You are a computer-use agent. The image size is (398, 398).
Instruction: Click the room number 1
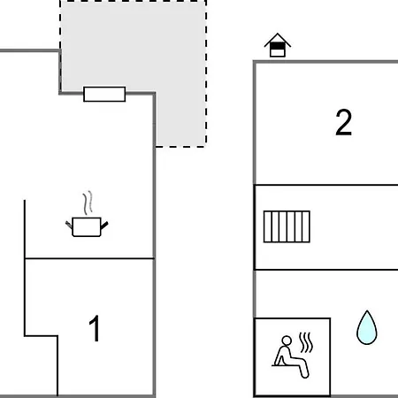click(x=95, y=328)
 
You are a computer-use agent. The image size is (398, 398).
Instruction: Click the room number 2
click(x=344, y=122)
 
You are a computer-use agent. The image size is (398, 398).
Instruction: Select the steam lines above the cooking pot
click(x=88, y=203)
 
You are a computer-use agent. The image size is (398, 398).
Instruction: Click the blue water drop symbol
click(x=367, y=327)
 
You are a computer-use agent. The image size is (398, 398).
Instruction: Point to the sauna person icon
click(x=291, y=356)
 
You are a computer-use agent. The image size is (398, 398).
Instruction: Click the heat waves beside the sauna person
click(x=306, y=342)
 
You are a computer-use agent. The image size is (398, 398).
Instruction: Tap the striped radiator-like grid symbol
click(x=287, y=226)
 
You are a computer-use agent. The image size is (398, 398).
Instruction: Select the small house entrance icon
click(x=278, y=45)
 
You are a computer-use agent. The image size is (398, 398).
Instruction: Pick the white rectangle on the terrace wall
click(x=104, y=94)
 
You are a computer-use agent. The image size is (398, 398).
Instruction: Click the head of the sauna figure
click(x=287, y=341)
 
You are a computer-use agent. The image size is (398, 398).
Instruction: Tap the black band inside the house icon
click(x=278, y=46)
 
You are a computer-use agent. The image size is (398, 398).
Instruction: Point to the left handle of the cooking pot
click(x=69, y=225)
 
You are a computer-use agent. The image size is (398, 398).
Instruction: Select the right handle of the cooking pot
click(x=104, y=226)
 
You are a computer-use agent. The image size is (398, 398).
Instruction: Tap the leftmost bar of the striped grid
click(x=267, y=226)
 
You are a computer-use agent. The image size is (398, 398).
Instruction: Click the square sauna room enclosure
click(x=255, y=356)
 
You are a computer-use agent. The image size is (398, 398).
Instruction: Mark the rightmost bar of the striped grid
click(x=306, y=226)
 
